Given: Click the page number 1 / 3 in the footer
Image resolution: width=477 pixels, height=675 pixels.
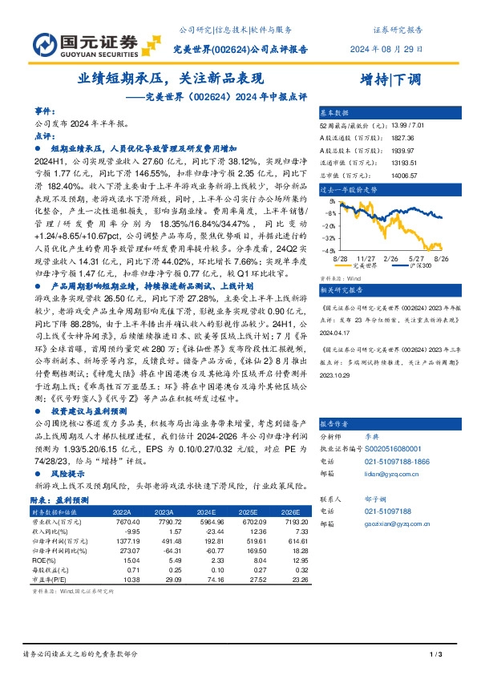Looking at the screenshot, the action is (x=436, y=657).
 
